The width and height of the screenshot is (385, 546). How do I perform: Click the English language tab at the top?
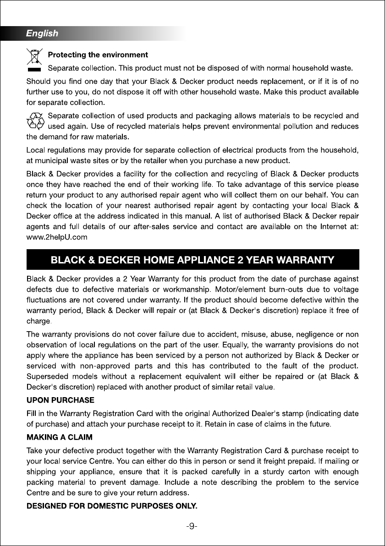[x=42, y=33]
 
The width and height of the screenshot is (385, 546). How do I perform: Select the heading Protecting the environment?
[x=98, y=55]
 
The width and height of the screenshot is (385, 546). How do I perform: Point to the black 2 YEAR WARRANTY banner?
[x=192, y=260]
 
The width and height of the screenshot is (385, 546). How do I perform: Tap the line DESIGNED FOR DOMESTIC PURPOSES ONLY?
[x=112, y=506]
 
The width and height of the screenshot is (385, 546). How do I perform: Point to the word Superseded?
[x=48, y=377]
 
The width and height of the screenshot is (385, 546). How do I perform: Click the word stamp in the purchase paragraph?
[x=285, y=413]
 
